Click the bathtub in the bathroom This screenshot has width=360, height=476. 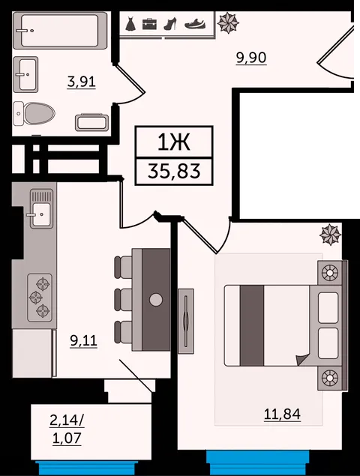click(60, 30)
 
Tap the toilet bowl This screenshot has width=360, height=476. click(34, 113)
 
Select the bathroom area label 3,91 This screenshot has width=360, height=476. click(82, 82)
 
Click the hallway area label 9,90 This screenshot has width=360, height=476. click(251, 58)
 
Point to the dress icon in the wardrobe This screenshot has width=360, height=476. click(130, 24)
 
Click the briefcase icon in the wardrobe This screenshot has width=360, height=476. click(149, 24)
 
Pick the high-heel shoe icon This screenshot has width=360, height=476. click(170, 24)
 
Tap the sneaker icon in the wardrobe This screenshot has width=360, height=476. click(195, 24)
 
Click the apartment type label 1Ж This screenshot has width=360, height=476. click(174, 142)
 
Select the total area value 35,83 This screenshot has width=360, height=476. click(174, 171)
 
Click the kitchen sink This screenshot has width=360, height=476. click(41, 208)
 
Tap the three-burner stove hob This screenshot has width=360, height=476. click(40, 298)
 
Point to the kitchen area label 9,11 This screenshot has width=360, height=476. click(83, 340)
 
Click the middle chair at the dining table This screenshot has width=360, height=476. click(123, 299)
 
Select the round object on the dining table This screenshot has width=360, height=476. click(156, 300)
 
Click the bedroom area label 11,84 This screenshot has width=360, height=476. click(282, 414)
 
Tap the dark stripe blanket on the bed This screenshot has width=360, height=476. click(252, 325)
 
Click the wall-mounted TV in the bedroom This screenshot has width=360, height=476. click(185, 321)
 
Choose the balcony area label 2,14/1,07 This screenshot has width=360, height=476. click(67, 430)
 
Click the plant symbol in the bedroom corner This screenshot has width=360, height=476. click(330, 235)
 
